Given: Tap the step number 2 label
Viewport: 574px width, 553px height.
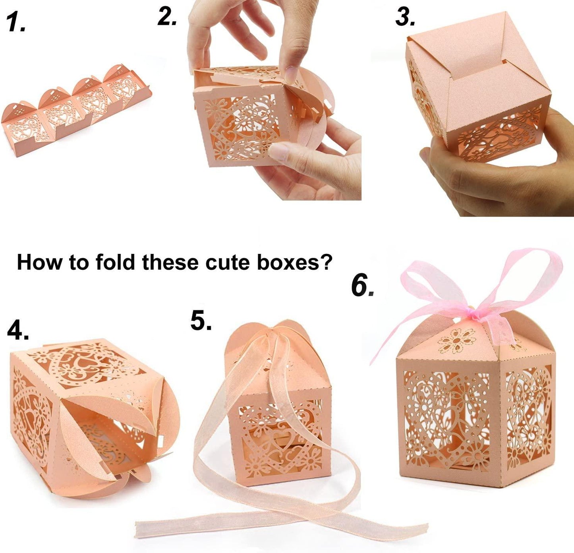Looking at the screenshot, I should tap(167, 17).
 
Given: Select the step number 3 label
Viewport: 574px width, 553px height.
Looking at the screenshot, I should tap(405, 17).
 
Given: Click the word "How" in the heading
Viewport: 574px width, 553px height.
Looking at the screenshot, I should tap(40, 262).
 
